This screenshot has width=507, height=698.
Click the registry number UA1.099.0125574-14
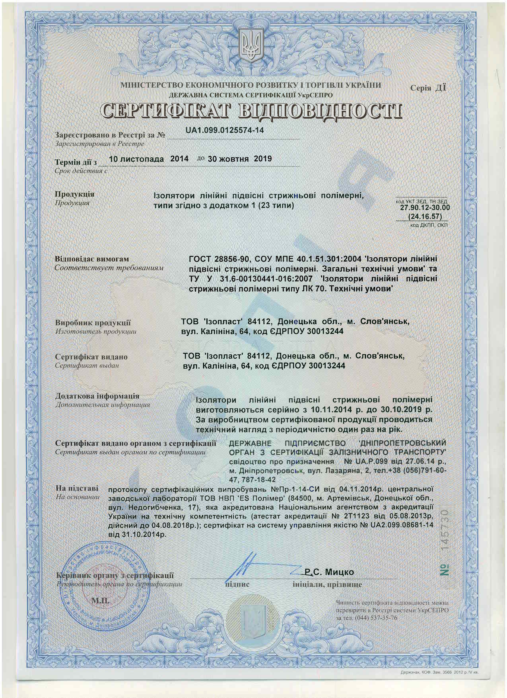click(x=224, y=130)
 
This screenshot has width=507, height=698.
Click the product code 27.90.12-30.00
click(x=425, y=208)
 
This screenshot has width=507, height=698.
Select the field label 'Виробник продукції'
click(x=93, y=323)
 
